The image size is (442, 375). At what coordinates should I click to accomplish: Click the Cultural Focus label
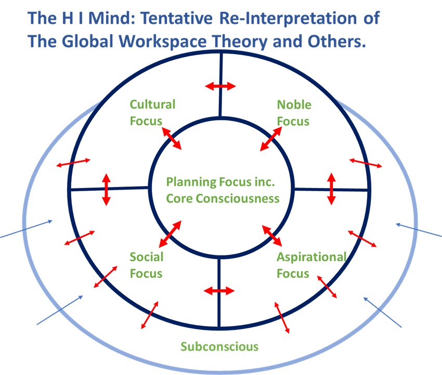coord(152,113)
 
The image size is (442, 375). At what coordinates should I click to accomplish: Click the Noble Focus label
coord(294,113)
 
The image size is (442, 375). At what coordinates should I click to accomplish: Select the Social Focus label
coord(146,265)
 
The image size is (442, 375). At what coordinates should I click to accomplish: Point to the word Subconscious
coord(219,346)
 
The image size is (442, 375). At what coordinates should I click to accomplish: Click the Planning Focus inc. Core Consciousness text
coord(223,190)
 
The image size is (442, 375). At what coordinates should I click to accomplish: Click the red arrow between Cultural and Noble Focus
coord(219,86)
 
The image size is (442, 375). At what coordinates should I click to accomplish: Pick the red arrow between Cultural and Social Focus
coord(106,189)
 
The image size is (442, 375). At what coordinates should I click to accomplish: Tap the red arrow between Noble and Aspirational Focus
coord(331,189)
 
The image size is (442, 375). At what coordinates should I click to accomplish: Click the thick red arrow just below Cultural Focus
coord(173,138)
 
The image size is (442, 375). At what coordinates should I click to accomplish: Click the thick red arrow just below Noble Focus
coord(271,139)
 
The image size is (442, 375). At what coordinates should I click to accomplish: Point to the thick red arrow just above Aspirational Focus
coord(272,235)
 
